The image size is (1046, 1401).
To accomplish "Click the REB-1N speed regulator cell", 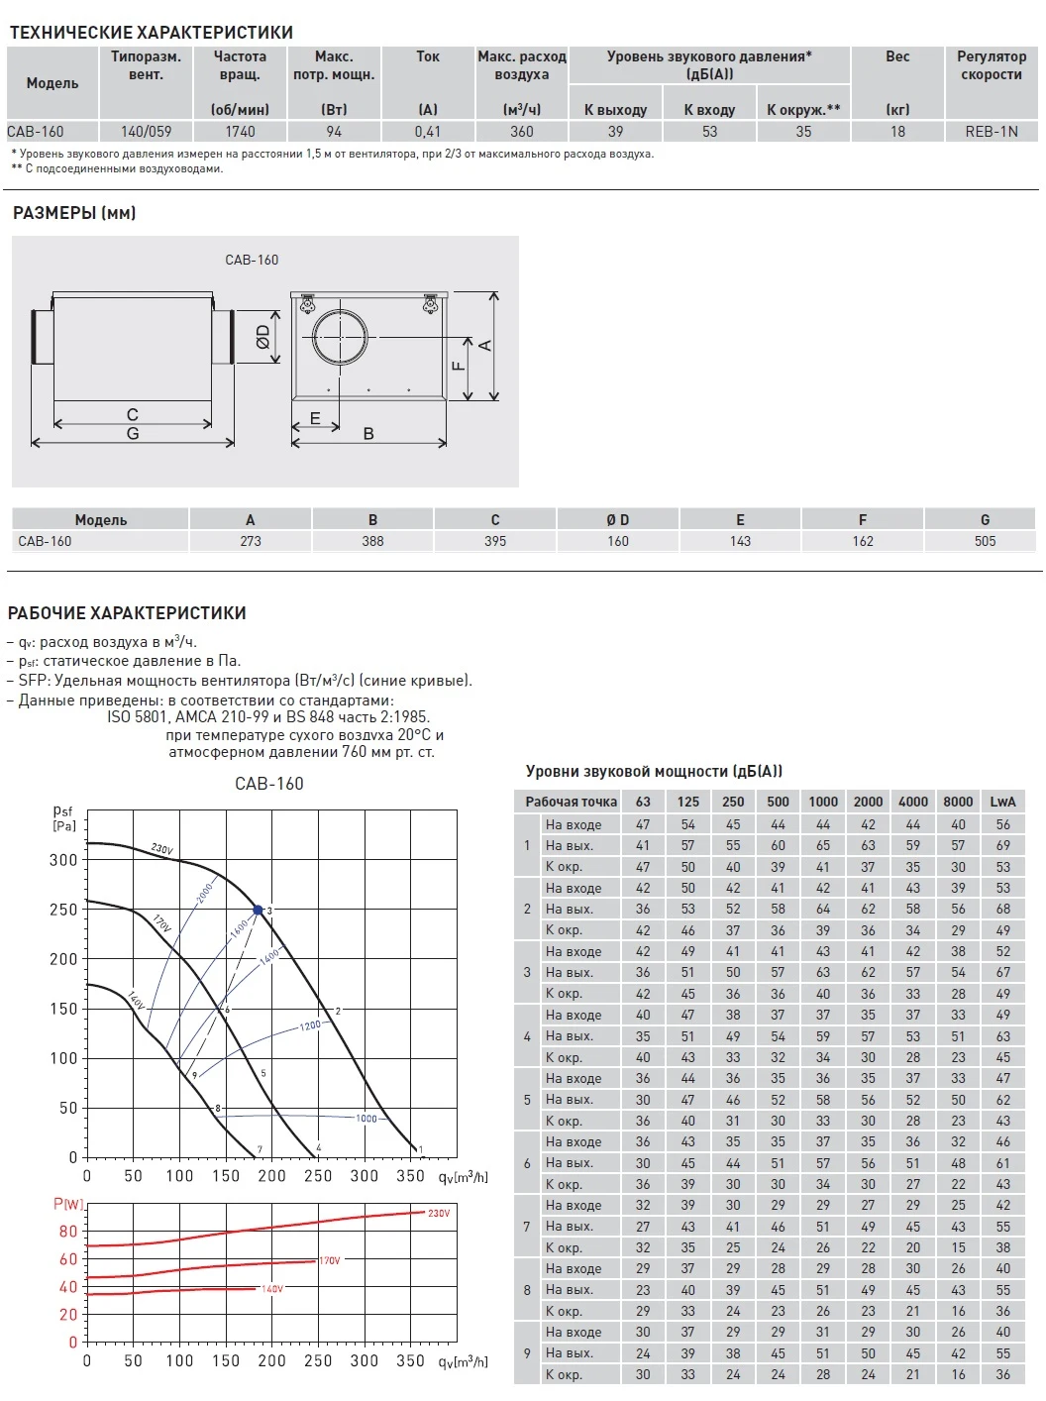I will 991,131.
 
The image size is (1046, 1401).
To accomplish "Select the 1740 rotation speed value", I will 240,131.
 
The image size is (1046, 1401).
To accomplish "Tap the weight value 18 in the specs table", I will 897,131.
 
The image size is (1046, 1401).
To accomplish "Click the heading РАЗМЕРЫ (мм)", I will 74,213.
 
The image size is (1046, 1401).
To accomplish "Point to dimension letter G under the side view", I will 133,433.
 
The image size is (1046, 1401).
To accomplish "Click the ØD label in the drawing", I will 263,337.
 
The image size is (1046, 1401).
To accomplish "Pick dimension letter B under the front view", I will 368,433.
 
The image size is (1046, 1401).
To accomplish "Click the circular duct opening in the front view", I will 340,337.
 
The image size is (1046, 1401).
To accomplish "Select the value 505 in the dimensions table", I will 985,541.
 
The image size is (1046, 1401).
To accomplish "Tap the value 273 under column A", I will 251,541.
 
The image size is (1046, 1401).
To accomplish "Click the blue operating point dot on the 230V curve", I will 259,910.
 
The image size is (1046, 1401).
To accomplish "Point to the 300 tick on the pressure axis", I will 63,860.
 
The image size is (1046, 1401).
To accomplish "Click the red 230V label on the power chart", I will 439,1213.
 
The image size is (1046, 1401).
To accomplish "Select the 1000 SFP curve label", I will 366,1118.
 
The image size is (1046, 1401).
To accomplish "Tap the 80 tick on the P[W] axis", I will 68,1232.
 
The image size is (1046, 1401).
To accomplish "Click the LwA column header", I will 1002,802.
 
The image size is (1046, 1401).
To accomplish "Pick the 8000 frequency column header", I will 958,802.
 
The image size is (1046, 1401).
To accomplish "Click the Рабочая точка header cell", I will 571,802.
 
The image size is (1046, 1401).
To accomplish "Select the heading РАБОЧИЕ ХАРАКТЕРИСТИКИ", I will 127,613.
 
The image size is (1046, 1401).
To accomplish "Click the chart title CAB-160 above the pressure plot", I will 269,784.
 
